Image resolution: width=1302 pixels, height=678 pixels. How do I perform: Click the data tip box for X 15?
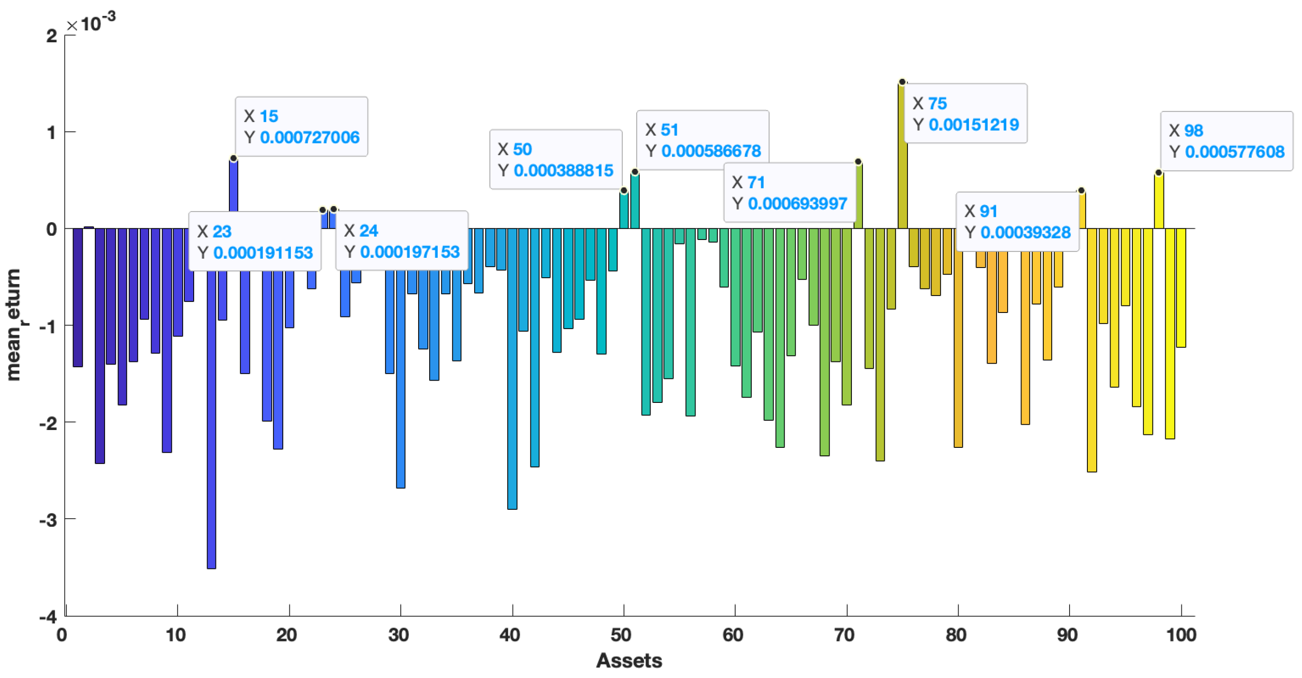coord(301,126)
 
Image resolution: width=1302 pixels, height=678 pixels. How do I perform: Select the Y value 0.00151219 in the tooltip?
coord(973,125)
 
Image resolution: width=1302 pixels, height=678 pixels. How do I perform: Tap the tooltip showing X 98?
coord(1226,141)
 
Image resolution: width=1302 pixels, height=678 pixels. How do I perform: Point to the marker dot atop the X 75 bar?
coord(902,82)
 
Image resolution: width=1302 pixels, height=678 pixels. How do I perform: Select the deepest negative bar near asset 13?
coord(211,404)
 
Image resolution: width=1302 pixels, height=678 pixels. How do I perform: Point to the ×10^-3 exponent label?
coord(91,22)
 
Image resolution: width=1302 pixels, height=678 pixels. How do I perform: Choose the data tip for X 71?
coord(789,192)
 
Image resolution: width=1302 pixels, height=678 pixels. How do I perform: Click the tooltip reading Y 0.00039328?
coord(1017,222)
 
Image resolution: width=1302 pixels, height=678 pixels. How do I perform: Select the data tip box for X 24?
coord(402,241)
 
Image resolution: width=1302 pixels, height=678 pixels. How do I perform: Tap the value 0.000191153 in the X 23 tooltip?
coord(263,252)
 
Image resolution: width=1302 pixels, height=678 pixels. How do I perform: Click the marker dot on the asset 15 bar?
coord(233,158)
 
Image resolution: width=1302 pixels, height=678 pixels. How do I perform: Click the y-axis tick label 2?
coord(52,36)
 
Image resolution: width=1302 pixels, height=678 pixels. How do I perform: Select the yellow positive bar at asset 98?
coord(1159,202)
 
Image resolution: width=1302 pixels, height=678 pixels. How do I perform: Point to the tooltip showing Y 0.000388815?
coord(555,160)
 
